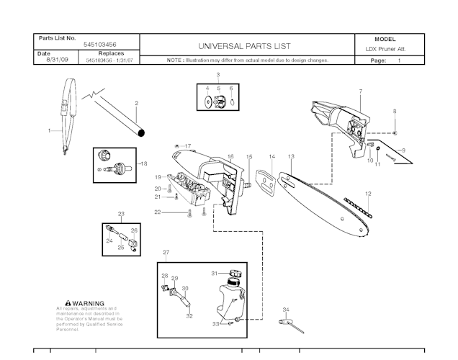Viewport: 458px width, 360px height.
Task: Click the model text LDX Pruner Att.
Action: pyautogui.click(x=385, y=49)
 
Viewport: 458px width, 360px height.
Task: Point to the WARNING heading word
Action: pyautogui.click(x=88, y=304)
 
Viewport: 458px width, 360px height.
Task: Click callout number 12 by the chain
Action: pyautogui.click(x=368, y=194)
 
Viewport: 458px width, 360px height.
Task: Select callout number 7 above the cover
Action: pyautogui.click(x=359, y=91)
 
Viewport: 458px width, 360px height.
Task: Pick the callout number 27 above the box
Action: pyautogui.click(x=166, y=252)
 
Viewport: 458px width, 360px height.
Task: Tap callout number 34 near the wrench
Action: pyautogui.click(x=286, y=310)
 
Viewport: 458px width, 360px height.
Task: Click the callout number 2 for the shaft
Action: pyautogui.click(x=136, y=103)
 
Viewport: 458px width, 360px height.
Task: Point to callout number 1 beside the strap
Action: pyautogui.click(x=49, y=131)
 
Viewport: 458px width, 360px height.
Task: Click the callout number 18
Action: pyautogui.click(x=143, y=163)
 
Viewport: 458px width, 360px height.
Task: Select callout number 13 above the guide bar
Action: pyautogui.click(x=291, y=156)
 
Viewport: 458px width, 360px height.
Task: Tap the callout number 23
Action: pyautogui.click(x=121, y=214)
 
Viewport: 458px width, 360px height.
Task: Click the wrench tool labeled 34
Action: pyautogui.click(x=294, y=325)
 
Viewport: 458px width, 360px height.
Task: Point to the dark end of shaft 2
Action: pyautogui.click(x=143, y=132)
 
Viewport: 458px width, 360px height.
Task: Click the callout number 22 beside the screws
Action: pyautogui.click(x=157, y=212)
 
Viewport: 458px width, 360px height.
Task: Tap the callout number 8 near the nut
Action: pyautogui.click(x=395, y=112)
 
